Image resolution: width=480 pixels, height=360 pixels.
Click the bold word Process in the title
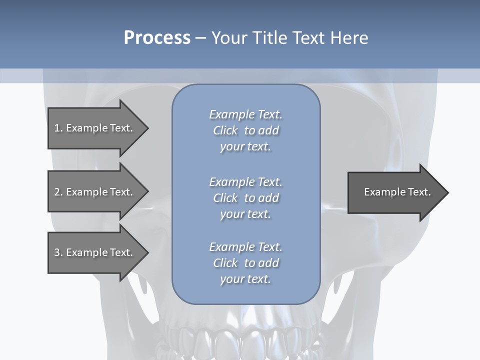[157, 38]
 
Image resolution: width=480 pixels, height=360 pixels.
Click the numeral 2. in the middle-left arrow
[58, 192]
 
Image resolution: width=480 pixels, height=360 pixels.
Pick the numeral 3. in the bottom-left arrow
[58, 252]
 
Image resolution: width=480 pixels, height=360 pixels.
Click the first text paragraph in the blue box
[245, 130]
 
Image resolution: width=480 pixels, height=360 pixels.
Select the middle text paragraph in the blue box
[245, 198]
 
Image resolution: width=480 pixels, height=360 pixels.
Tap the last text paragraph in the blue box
[245, 263]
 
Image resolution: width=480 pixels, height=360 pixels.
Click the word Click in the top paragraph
[225, 130]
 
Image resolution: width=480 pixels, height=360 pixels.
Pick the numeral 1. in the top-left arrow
[58, 128]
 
